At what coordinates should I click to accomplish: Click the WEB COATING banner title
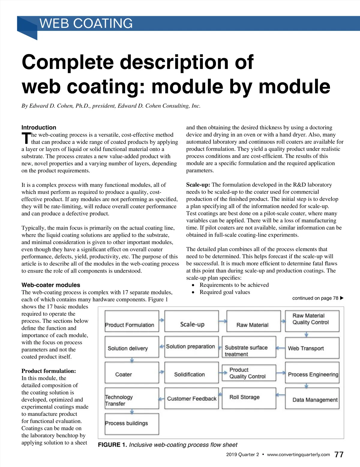86,23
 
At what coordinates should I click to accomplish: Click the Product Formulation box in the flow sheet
132,321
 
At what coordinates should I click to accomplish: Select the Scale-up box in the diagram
192,321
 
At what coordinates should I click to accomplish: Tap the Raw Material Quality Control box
312,321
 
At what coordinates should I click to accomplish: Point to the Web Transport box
312,348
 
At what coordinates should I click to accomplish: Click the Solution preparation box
192,347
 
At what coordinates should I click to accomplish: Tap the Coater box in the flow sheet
132,373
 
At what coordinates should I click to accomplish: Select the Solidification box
192,373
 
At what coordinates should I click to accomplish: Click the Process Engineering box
312,373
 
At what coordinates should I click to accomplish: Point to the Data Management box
312,399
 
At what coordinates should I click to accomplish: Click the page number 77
339,455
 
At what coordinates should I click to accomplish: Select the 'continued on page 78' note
318,298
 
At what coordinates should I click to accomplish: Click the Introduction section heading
39,127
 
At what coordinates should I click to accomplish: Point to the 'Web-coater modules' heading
51,285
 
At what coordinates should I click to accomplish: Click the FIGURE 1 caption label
112,445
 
